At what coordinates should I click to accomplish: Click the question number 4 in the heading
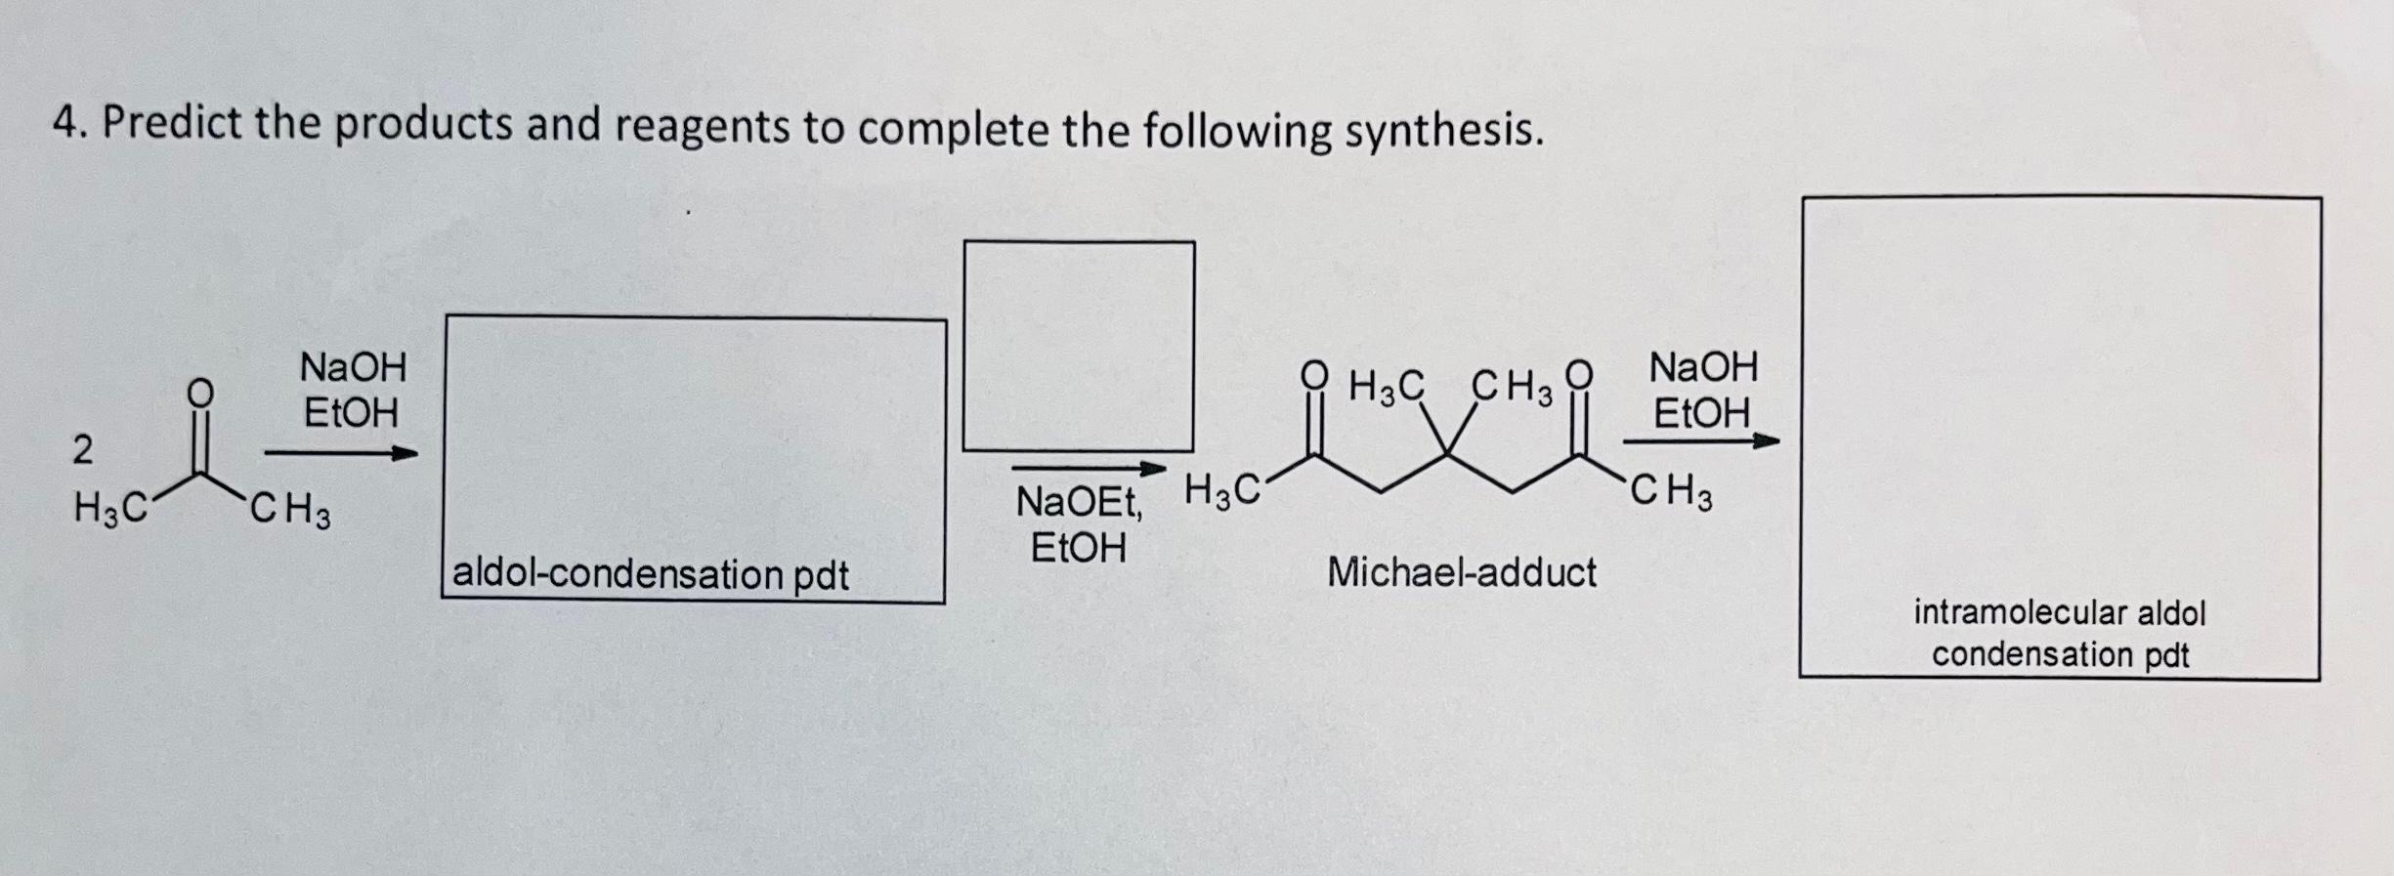64,124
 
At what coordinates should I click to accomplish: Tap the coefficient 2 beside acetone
83,449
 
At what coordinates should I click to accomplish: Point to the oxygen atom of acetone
199,392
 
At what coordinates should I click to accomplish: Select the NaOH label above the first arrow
353,368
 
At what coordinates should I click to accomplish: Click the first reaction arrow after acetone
341,453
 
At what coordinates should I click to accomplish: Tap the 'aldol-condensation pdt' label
651,573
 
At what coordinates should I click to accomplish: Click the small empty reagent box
1078,346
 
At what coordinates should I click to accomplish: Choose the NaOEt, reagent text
1079,503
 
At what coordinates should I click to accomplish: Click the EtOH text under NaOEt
1079,548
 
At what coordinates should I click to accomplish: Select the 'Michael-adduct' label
1461,571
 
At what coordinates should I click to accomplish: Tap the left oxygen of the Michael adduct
1315,375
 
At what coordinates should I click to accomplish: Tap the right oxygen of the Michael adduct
1579,375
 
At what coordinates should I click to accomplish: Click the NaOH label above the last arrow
1703,368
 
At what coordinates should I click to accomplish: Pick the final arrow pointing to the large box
1701,441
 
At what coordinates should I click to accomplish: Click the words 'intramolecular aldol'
2060,613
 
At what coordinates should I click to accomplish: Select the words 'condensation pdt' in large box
2060,654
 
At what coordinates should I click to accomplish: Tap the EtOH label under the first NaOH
352,413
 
